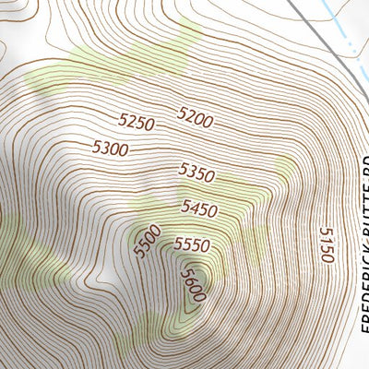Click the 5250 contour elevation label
(x=135, y=120)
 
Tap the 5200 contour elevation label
(x=195, y=117)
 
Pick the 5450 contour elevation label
(x=199, y=208)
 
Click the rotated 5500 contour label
(x=147, y=242)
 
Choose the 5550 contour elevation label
(x=192, y=245)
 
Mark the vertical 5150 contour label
(x=324, y=245)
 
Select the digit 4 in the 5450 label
(x=195, y=208)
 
